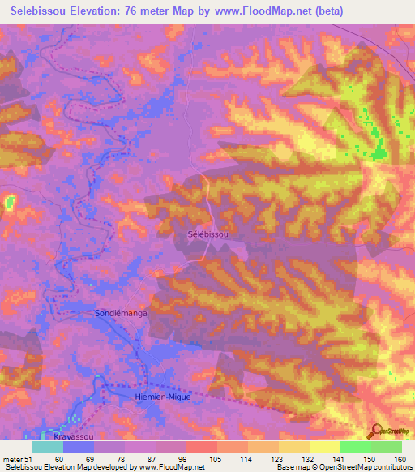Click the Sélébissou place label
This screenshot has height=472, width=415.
[208, 234]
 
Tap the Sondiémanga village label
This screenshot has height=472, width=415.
[119, 311]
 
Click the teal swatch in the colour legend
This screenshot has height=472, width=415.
[48, 447]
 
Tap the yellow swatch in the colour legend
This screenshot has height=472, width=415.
[325, 447]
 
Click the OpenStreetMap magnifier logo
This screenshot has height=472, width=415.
[375, 430]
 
